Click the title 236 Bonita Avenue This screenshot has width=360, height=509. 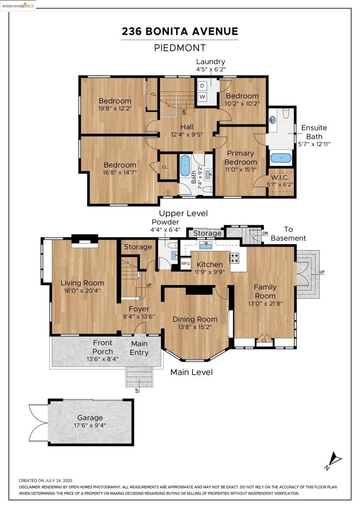180,31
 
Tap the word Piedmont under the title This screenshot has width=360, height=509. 180,48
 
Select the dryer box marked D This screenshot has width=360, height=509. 202,85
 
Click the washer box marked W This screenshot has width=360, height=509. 202,97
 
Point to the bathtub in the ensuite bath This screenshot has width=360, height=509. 281,158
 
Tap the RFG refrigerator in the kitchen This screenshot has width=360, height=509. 185,263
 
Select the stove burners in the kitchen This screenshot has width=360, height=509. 235,258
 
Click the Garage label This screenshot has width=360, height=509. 90,418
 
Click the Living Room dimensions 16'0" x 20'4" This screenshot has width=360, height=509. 82,291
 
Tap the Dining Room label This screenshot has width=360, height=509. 195,319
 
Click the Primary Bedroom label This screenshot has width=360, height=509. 241,158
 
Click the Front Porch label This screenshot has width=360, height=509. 102,347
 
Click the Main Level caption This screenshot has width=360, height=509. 191,372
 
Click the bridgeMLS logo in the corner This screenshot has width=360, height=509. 18,5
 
